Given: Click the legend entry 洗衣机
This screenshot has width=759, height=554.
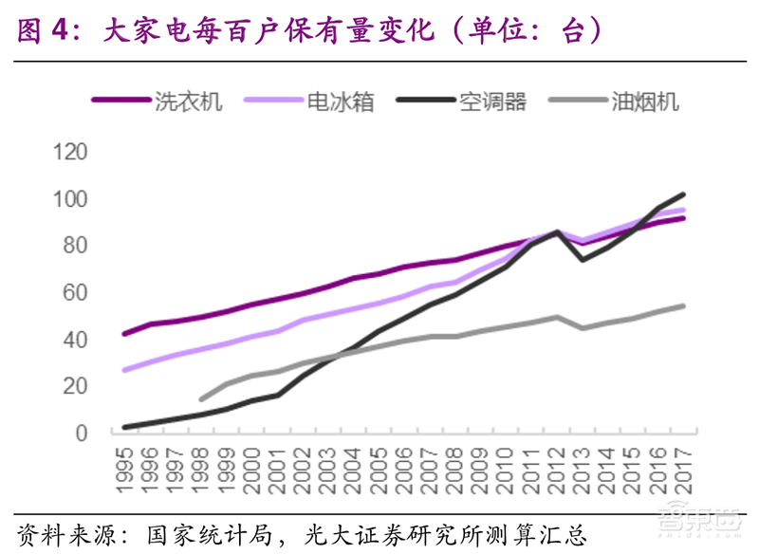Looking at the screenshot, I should click(x=188, y=102).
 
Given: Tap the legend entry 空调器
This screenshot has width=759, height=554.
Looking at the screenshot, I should click(x=492, y=102).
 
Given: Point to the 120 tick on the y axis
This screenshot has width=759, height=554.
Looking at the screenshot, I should click(x=70, y=153).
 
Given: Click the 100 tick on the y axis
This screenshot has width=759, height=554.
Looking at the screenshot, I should click(x=70, y=199).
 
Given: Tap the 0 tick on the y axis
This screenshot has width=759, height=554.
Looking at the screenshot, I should click(x=81, y=434).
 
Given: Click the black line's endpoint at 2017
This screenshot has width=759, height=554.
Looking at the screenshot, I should click(x=682, y=194).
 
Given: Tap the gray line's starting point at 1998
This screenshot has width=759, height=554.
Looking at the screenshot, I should click(x=201, y=399).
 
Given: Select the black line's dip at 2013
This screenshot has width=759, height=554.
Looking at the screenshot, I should click(x=582, y=260).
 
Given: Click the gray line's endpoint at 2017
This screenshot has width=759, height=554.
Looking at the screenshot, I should click(x=682, y=305).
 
